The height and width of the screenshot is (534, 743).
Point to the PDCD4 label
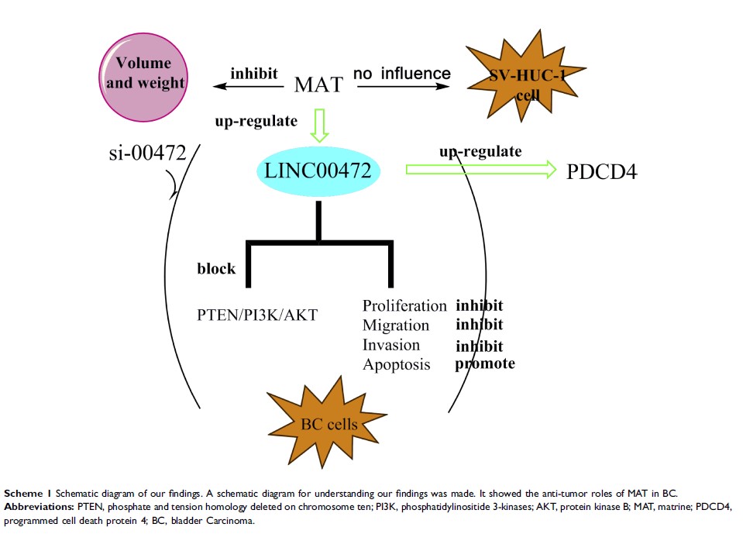pyautogui.click(x=601, y=172)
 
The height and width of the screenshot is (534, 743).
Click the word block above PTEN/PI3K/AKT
pyautogui.click(x=216, y=269)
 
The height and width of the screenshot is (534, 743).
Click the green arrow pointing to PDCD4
pyautogui.click(x=480, y=169)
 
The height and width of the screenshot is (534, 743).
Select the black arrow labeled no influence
pyautogui.click(x=403, y=87)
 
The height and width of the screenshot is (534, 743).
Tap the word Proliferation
pyautogui.click(x=404, y=306)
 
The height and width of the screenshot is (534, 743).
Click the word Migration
pyautogui.click(x=395, y=326)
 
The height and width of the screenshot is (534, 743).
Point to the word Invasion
pyautogui.click(x=391, y=345)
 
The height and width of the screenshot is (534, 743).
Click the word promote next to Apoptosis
pyautogui.click(x=484, y=363)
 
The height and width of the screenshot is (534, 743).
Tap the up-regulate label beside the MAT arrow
pyautogui.click(x=256, y=121)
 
